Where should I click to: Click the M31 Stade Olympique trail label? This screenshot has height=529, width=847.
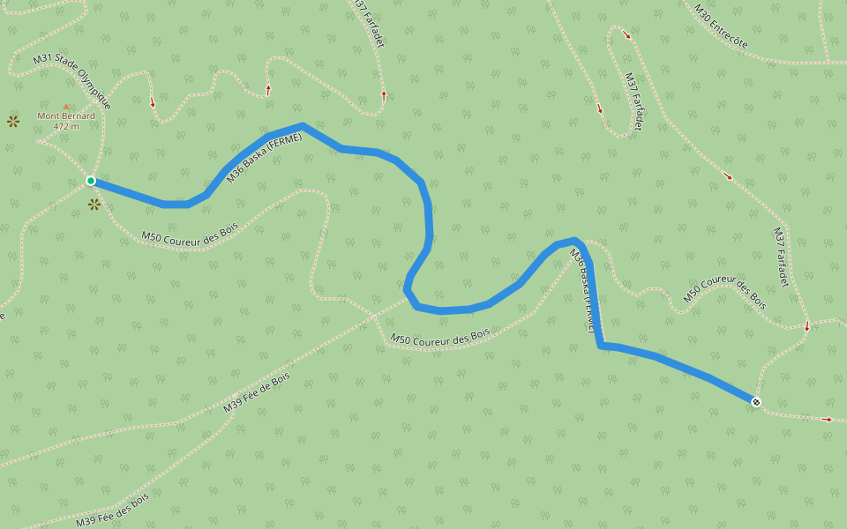point(72,81)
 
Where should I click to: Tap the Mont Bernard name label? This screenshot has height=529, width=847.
point(66,115)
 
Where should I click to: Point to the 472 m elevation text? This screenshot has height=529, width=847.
point(66,126)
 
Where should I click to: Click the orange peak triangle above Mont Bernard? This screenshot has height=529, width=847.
point(66,106)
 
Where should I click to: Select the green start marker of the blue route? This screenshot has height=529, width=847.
point(91,181)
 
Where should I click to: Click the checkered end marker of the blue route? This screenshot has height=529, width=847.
point(756,402)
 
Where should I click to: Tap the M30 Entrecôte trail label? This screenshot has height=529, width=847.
point(721,26)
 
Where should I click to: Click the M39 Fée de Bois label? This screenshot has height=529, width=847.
point(256,393)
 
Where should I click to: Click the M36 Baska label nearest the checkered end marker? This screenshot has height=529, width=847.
point(582,291)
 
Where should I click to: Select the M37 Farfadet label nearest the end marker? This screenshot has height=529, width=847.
point(781,257)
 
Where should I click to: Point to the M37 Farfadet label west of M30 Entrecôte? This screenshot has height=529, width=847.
point(633,101)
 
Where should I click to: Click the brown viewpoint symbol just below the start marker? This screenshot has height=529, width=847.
point(94,205)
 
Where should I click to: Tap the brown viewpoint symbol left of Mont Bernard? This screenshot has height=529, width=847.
point(13,121)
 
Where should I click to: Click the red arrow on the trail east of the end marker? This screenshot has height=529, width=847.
point(827,420)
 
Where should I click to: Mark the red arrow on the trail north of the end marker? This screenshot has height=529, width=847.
point(807,328)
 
